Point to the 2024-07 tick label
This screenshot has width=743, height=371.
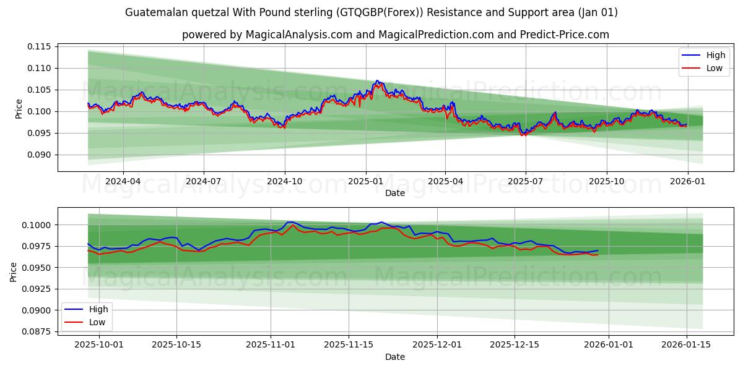click(x=204, y=182)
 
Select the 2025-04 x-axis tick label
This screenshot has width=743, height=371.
click(x=445, y=182)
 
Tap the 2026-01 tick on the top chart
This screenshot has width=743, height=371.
click(x=687, y=182)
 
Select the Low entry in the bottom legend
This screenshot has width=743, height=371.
click(x=97, y=322)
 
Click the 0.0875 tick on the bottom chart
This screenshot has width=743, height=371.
click(x=39, y=332)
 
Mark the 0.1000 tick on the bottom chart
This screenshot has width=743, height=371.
click(x=39, y=225)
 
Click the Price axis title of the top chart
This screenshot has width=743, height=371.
click(x=19, y=109)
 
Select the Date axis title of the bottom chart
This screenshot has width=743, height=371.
click(x=395, y=357)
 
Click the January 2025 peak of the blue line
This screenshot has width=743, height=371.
click(x=376, y=80)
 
